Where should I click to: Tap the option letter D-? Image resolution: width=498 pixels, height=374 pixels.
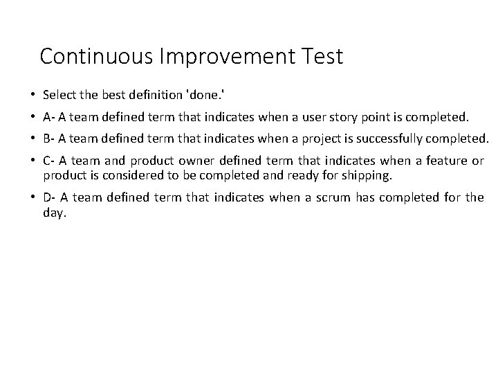point(50,197)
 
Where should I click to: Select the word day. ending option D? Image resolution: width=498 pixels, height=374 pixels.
point(55,213)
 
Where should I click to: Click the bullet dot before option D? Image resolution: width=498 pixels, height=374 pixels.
point(33,197)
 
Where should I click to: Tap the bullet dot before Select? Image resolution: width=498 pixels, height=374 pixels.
point(33,93)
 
